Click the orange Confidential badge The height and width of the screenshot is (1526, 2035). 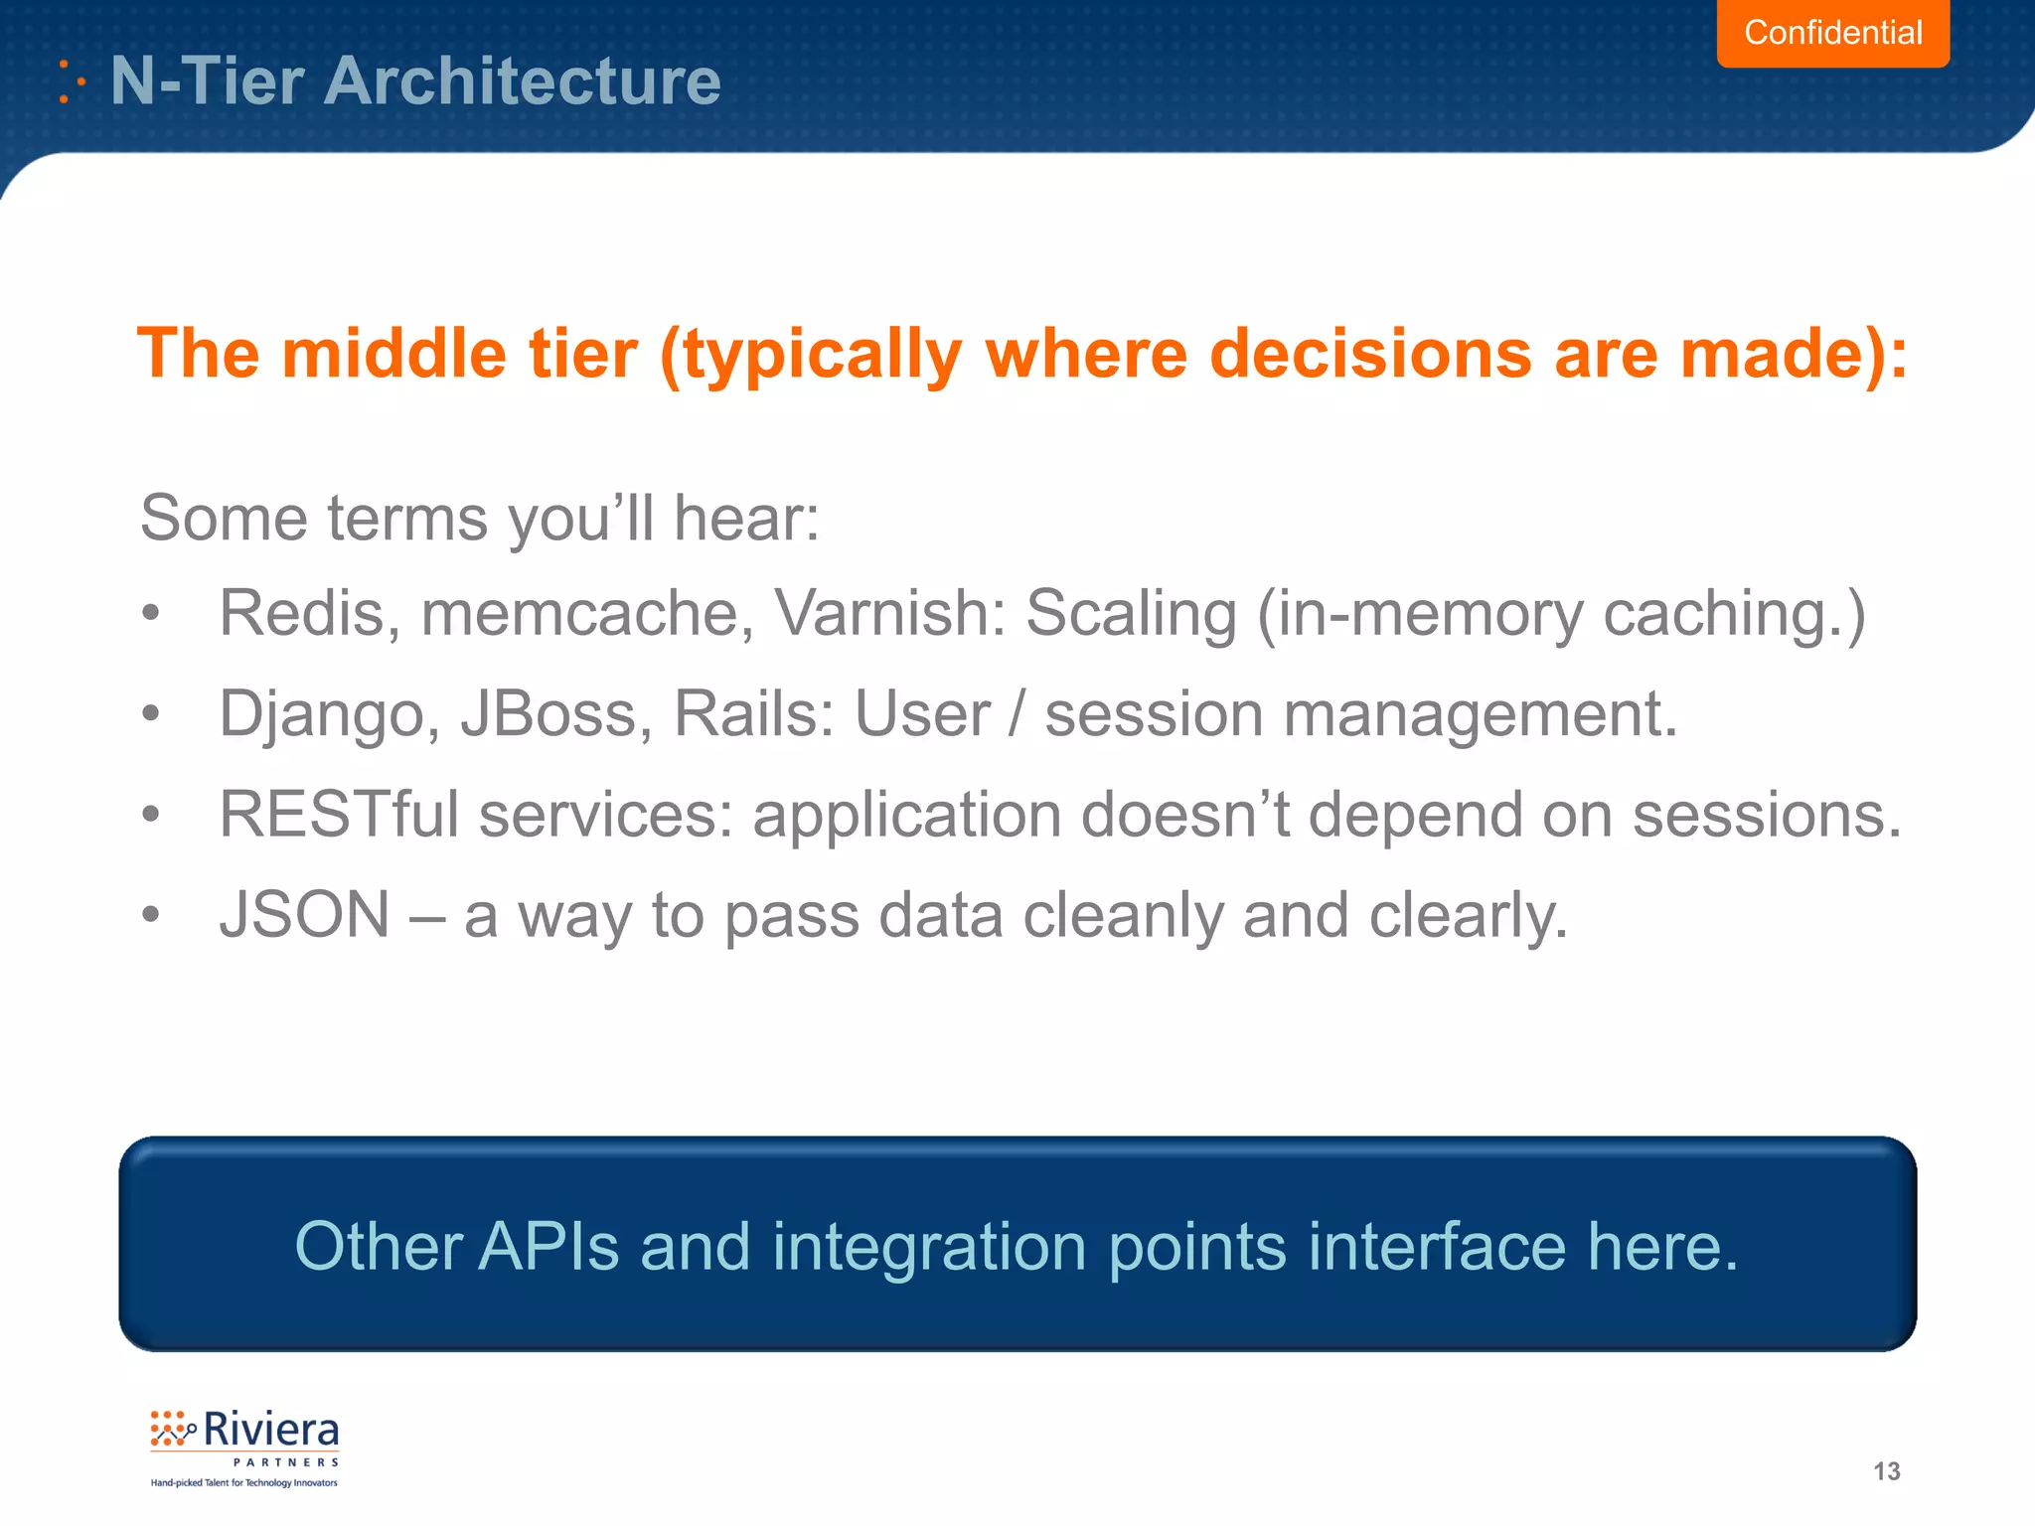click(x=1832, y=33)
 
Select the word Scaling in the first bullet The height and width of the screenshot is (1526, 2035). click(x=1130, y=613)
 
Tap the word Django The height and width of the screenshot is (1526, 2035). click(x=321, y=714)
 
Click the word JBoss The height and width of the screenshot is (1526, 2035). click(x=548, y=714)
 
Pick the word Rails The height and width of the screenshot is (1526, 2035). click(x=745, y=714)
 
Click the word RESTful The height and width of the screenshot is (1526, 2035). click(x=339, y=815)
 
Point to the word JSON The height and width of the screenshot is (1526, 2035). click(x=304, y=914)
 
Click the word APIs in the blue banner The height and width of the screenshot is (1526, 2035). click(x=548, y=1246)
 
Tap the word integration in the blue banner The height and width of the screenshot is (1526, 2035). click(x=928, y=1248)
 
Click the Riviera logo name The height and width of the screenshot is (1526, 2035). click(x=270, y=1431)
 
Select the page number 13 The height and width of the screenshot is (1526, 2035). click(x=1886, y=1471)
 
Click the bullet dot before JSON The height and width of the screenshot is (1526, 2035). click(x=150, y=914)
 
